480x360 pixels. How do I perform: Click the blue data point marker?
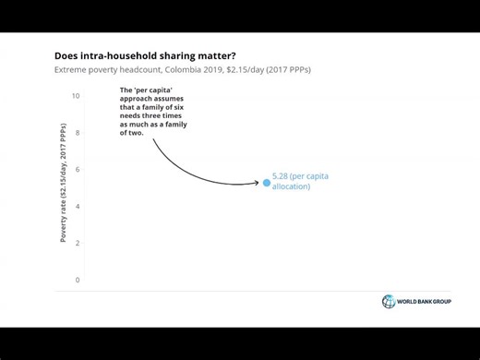click(x=267, y=183)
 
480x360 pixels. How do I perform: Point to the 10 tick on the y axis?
click(x=76, y=96)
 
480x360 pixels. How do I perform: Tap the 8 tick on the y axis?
click(x=77, y=133)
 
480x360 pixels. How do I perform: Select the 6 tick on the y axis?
click(x=77, y=170)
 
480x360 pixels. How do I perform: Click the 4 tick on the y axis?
click(x=77, y=207)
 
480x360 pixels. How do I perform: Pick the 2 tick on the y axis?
click(x=77, y=244)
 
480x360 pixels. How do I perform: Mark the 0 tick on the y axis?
click(x=77, y=280)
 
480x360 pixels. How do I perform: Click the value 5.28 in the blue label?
click(x=282, y=175)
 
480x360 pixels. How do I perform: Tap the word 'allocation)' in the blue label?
click(x=292, y=186)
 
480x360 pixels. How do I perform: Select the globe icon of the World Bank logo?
click(x=389, y=302)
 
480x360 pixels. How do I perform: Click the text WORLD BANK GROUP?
click(x=425, y=303)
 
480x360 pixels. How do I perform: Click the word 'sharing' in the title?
click(x=175, y=55)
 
